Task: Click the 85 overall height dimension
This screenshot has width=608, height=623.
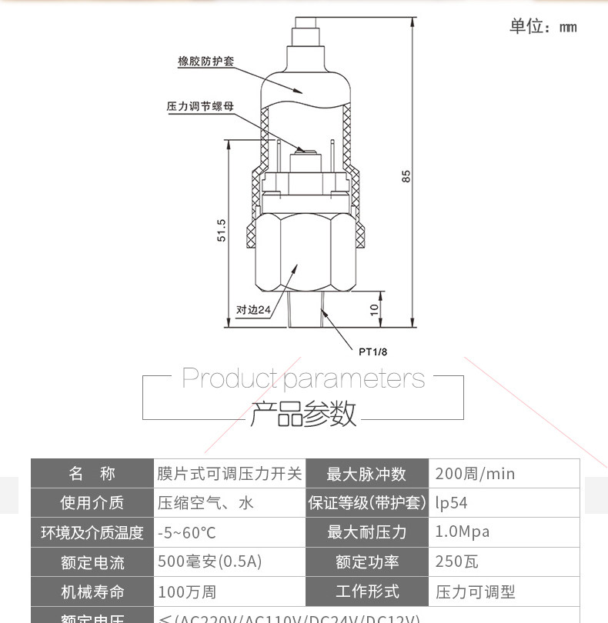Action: pyautogui.click(x=406, y=175)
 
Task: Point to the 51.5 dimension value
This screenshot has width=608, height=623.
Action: pyautogui.click(x=222, y=231)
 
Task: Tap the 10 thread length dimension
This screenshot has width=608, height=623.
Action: pyautogui.click(x=375, y=308)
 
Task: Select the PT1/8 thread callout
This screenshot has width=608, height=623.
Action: pyautogui.click(x=373, y=351)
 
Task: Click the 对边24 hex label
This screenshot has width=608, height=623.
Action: pyautogui.click(x=253, y=310)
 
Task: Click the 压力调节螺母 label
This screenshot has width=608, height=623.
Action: pyautogui.click(x=200, y=106)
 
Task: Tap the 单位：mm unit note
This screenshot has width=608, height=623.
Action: pyautogui.click(x=543, y=27)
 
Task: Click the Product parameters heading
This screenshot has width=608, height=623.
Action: pyautogui.click(x=303, y=378)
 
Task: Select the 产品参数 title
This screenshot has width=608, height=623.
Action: pyautogui.click(x=303, y=413)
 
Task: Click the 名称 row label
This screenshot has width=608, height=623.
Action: pyautogui.click(x=92, y=474)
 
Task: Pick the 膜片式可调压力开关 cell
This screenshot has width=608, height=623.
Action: pyautogui.click(x=229, y=474)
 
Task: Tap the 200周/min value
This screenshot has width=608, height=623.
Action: pyautogui.click(x=475, y=474)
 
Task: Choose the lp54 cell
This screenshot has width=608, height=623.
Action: pyautogui.click(x=451, y=503)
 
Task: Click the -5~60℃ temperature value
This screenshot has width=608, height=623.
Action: pyautogui.click(x=187, y=532)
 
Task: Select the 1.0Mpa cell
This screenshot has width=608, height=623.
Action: pyautogui.click(x=462, y=532)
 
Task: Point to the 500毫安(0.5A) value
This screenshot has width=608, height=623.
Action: pyautogui.click(x=209, y=561)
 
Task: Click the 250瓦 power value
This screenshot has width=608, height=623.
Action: pyautogui.click(x=456, y=561)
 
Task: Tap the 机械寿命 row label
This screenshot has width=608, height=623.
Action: pyautogui.click(x=92, y=591)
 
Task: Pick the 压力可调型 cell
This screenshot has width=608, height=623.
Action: pyautogui.click(x=475, y=591)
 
